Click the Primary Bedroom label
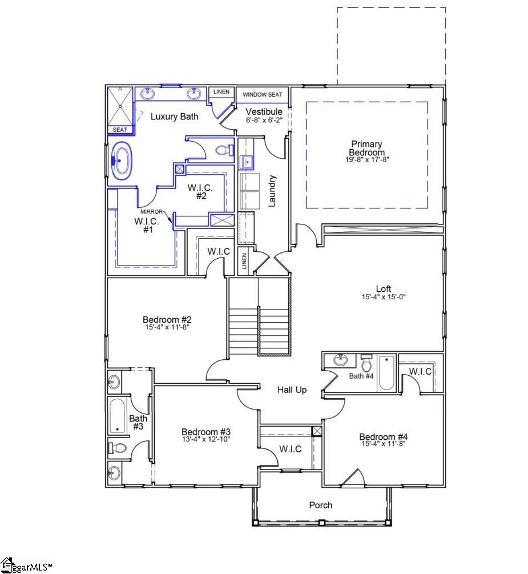coord(366,148)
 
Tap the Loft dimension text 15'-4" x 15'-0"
coord(383,297)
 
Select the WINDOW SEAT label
coord(263,94)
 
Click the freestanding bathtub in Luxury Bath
coord(120,160)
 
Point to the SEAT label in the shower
coord(120,130)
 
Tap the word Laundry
coord(272,191)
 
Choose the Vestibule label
coord(264,111)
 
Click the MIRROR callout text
coord(152,211)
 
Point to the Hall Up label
coord(292,390)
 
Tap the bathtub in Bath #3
coord(117,415)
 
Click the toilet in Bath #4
coord(366,364)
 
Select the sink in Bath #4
coord(341,360)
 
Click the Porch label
coord(320,505)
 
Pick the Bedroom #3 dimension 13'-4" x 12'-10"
coord(206,440)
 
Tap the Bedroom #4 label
coord(383,437)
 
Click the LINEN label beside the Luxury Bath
coord(221,92)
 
